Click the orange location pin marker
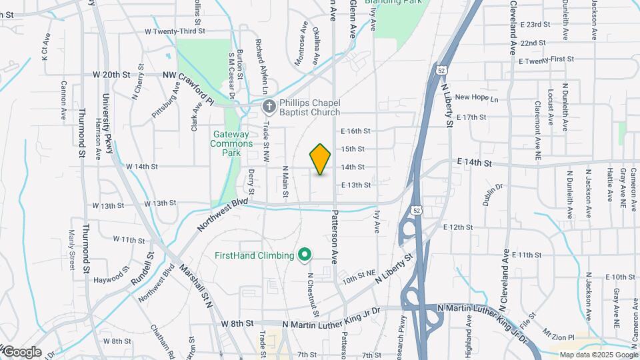(321, 159)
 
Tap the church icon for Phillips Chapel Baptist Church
(267, 107)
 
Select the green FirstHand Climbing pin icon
(305, 254)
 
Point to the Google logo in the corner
(21, 351)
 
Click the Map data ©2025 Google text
(598, 355)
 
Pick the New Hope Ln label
(477, 97)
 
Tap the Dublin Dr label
(493, 195)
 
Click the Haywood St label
(111, 276)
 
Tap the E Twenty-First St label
(546, 60)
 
